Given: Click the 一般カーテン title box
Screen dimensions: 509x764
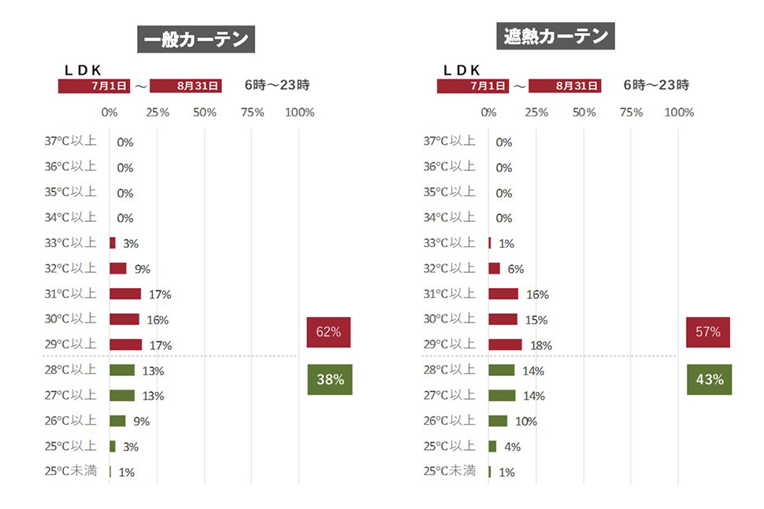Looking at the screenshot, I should [x=195, y=40].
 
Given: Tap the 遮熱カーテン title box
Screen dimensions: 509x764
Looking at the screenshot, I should [x=557, y=36].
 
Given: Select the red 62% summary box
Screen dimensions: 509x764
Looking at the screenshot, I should [x=328, y=332].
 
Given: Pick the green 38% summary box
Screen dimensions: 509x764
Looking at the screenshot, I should [x=330, y=379].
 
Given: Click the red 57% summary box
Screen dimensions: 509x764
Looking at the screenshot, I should [x=708, y=332].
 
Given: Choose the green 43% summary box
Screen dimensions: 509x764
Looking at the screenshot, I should [x=709, y=379].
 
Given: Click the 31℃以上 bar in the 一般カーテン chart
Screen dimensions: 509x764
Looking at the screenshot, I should [x=125, y=293].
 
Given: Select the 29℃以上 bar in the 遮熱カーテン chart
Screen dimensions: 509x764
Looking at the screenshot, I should [x=505, y=345].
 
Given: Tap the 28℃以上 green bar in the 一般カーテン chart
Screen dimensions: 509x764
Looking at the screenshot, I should [x=122, y=370].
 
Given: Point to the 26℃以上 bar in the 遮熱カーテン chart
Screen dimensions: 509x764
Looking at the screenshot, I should [x=498, y=421].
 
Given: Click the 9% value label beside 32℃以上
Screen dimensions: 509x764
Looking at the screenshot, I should [x=143, y=269].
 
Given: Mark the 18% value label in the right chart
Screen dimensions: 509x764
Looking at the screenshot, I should [x=541, y=345].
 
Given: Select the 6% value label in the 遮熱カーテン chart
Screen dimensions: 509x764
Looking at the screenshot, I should [x=516, y=269].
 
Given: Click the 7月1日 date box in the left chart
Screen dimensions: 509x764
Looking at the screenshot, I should [x=94, y=86].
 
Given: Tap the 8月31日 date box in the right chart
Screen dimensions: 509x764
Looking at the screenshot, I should [x=565, y=86].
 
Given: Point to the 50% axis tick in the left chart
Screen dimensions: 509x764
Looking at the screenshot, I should [x=205, y=112].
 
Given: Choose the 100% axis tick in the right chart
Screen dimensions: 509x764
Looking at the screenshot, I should [x=679, y=112].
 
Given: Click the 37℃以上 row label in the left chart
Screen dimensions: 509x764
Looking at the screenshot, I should [x=71, y=142].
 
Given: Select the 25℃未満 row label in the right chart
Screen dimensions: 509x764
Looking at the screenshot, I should [x=450, y=471].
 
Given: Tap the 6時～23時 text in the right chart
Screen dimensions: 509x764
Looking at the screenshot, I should [x=656, y=85].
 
